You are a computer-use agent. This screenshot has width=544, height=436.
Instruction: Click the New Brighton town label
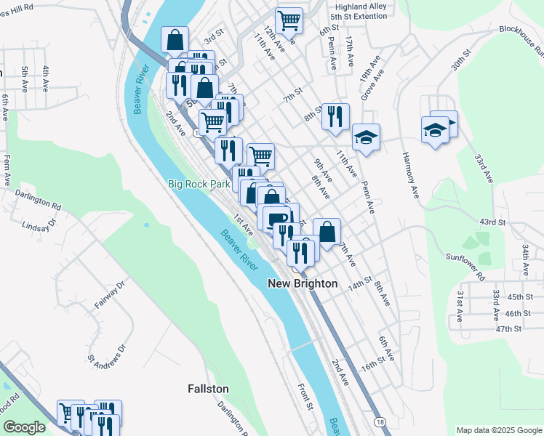303,283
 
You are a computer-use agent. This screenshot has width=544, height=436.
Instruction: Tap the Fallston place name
208,389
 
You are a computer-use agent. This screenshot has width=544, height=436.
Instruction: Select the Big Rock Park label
199,184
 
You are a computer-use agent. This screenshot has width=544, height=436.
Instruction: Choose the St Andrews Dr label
108,352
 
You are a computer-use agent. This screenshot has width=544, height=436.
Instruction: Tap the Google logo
24,427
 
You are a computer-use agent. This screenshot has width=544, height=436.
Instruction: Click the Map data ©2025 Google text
499,429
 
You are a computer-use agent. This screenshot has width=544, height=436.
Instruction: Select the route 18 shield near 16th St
380,421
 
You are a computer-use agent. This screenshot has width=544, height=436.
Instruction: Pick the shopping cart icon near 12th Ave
289,20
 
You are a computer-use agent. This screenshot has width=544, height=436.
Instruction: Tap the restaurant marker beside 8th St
335,116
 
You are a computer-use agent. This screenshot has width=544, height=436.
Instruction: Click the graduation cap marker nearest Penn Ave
367,136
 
